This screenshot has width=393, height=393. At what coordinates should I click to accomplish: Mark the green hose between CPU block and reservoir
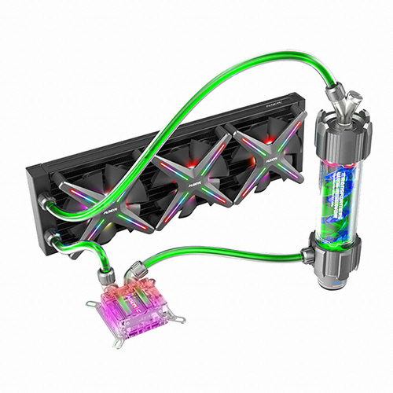click(228, 250)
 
